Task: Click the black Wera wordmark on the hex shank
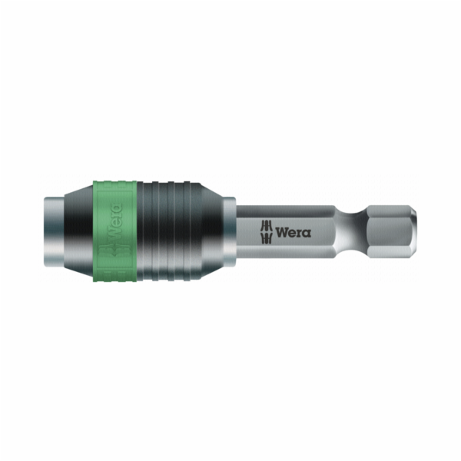click(294, 231)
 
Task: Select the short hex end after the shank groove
click(388, 230)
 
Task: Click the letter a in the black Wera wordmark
click(307, 232)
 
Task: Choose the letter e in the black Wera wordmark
click(293, 232)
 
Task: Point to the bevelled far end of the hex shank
click(413, 230)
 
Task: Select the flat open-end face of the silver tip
click(45, 230)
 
